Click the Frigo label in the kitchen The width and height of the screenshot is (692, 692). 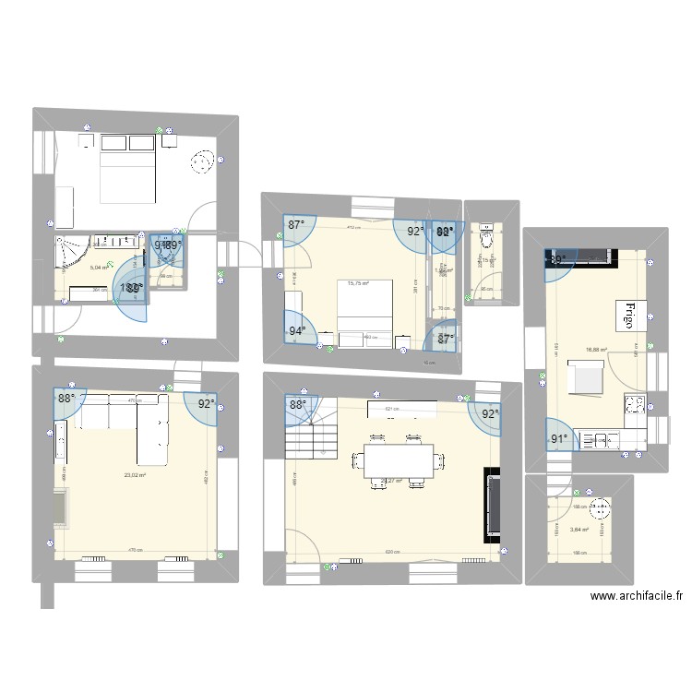pyautogui.click(x=632, y=315)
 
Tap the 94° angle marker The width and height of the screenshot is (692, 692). pyautogui.click(x=297, y=330)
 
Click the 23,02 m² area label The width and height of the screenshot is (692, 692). pyautogui.click(x=137, y=475)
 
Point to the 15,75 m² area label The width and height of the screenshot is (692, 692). pyautogui.click(x=358, y=284)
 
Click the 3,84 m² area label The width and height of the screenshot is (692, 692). pyautogui.click(x=579, y=530)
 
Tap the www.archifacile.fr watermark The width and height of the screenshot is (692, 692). pyautogui.click(x=637, y=596)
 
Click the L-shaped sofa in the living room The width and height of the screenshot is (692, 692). pyautogui.click(x=138, y=424)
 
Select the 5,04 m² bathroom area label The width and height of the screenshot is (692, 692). pyautogui.click(x=99, y=268)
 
